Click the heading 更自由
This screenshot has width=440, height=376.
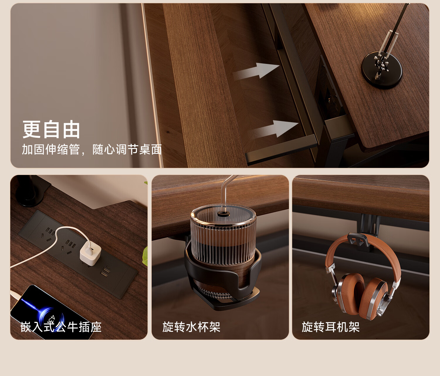(51, 129)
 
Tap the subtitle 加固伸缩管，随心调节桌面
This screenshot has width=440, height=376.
(92, 149)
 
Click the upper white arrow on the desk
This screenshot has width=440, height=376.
(256, 71)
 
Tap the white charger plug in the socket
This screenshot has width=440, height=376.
(90, 253)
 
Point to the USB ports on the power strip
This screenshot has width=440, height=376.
(105, 271)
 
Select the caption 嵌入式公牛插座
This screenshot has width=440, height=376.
(61, 327)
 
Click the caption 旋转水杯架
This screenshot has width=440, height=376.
(191, 327)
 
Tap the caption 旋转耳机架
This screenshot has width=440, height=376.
(331, 327)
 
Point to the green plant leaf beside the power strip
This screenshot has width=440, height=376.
(145, 256)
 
